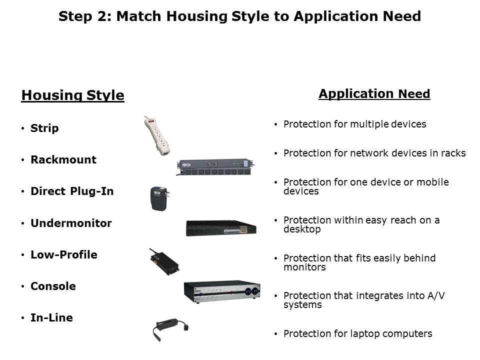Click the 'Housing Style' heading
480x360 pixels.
pos(72,95)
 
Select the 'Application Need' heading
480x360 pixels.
pos(374,94)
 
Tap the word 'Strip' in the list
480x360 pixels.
pos(44,128)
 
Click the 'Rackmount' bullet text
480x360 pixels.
pos(63,160)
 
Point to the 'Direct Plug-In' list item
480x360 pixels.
pos(72,191)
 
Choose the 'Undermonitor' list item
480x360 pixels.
pos(71,223)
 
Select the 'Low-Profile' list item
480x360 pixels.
pos(64,254)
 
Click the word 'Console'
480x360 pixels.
pos(53,286)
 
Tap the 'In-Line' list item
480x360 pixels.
pos(51,317)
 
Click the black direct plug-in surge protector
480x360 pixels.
pos(159,199)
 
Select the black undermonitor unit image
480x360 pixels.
pos(221,227)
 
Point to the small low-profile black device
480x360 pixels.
pos(164,261)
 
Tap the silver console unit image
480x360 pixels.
pos(221,292)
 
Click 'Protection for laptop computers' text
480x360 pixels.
pos(357,333)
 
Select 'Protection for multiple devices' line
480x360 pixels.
pos(354,124)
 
